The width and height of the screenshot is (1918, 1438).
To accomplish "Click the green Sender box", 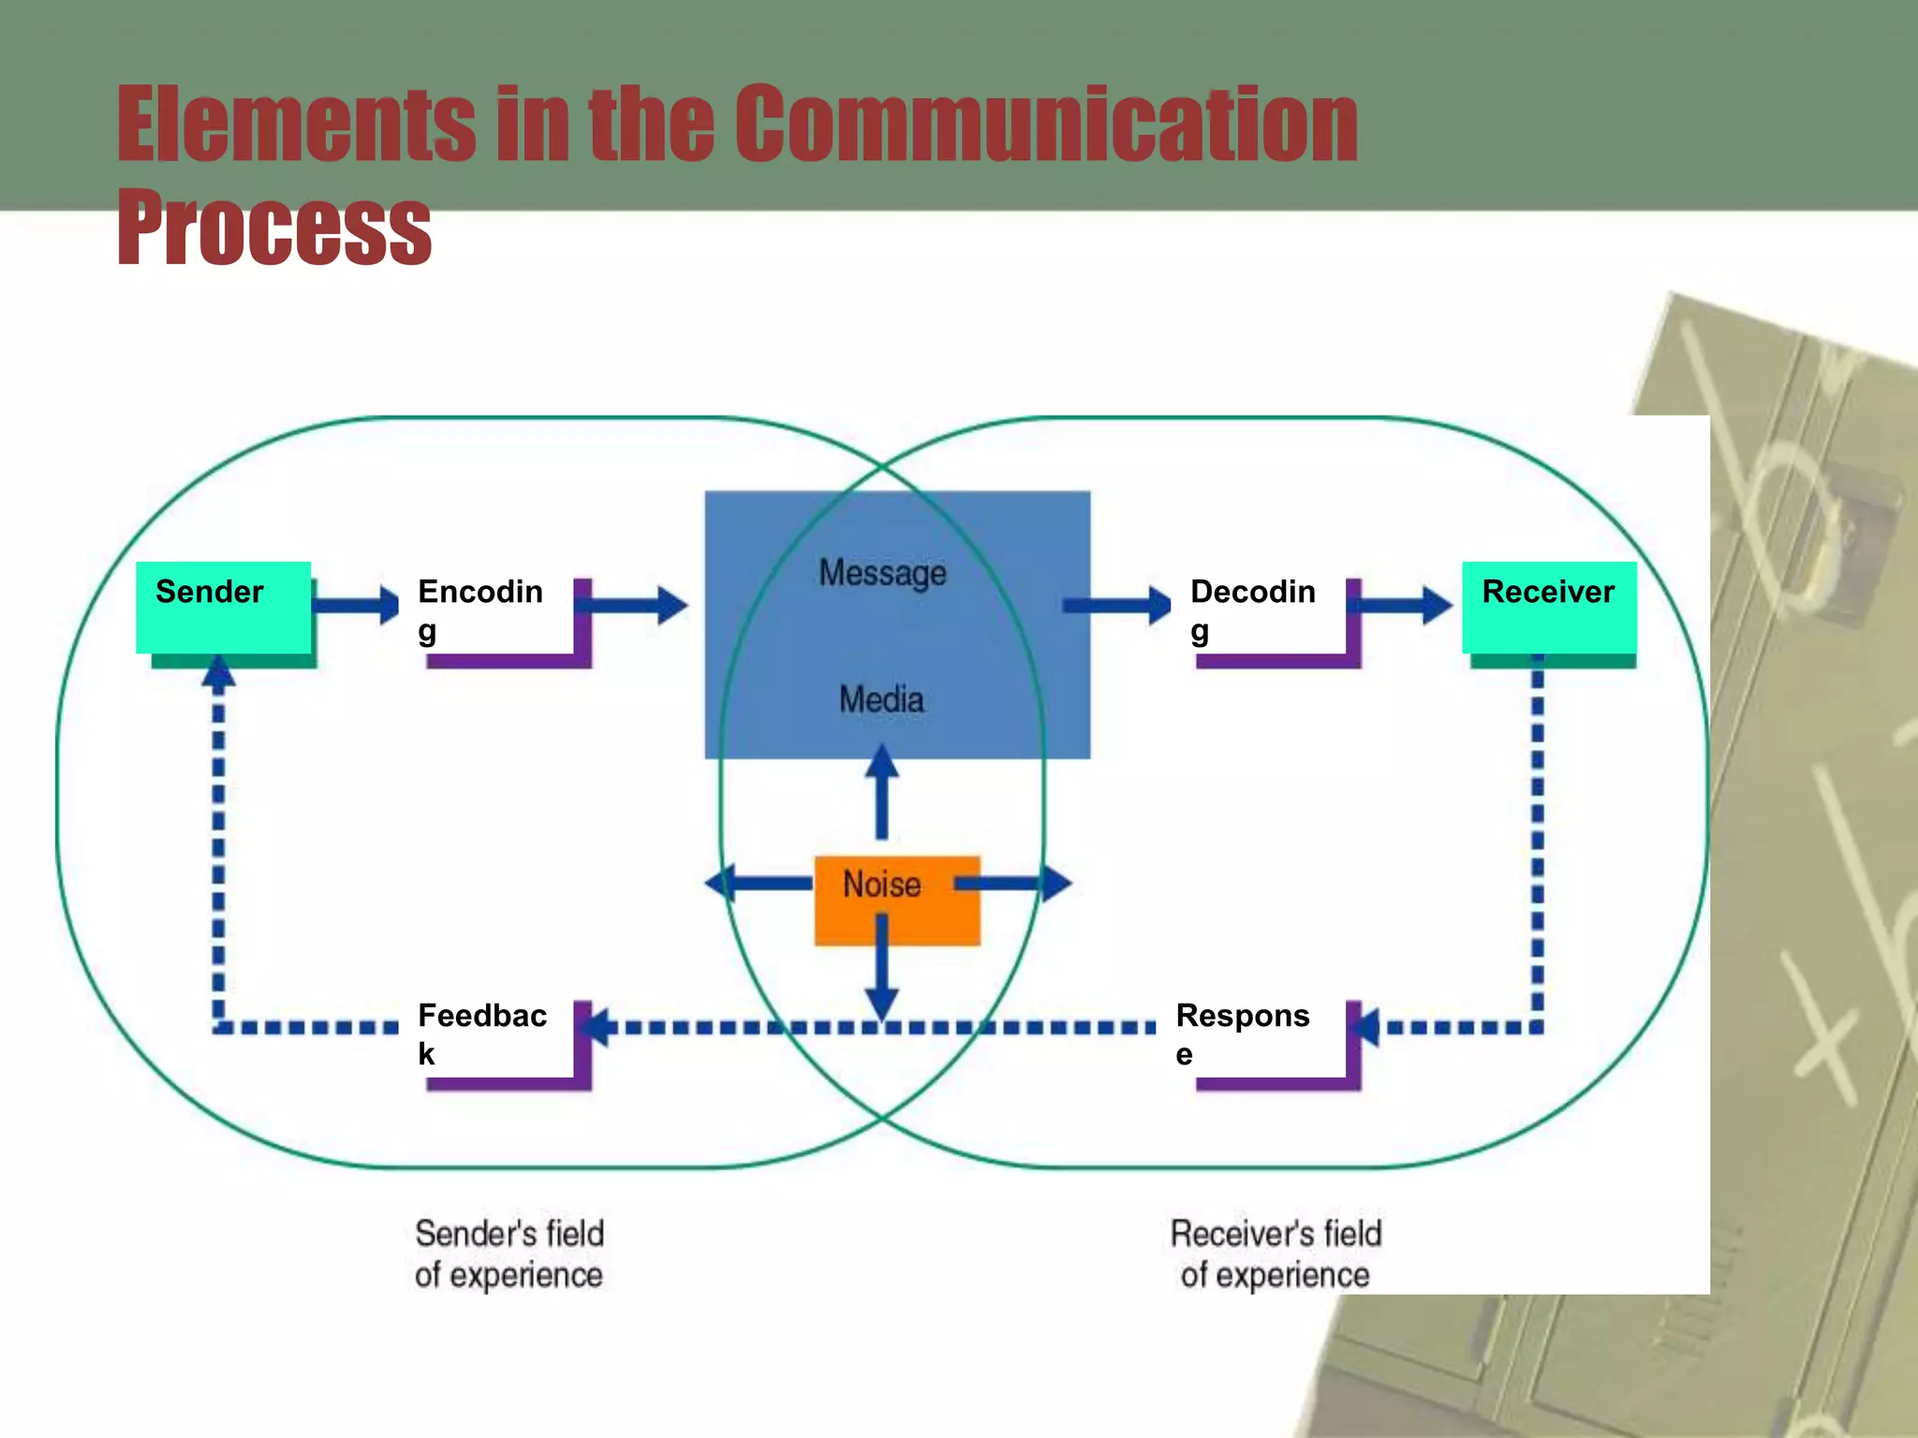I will (223, 607).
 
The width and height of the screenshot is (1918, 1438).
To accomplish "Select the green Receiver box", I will (1549, 607).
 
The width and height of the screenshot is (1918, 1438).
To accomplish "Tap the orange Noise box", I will (896, 899).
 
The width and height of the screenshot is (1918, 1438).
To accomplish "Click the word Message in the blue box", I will (882, 573).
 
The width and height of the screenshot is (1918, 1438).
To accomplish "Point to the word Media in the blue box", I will (881, 699).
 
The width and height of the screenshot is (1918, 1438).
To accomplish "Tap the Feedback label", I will (482, 1033).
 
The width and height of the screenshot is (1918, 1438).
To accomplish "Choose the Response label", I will (1243, 1033).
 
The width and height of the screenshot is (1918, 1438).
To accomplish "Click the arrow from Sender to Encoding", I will (356, 604).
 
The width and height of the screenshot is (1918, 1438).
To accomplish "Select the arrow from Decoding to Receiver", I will (1405, 605).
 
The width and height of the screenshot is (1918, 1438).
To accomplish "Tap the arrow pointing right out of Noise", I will (1016, 882).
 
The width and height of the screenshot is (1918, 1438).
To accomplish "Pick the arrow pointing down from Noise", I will (881, 969).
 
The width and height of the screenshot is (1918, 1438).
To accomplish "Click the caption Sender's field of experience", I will (509, 1255).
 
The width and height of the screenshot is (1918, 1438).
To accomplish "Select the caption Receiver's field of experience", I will (1276, 1255).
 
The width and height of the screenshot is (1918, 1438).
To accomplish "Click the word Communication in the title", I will (1045, 124).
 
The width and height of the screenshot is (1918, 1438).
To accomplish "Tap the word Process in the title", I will (273, 227).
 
